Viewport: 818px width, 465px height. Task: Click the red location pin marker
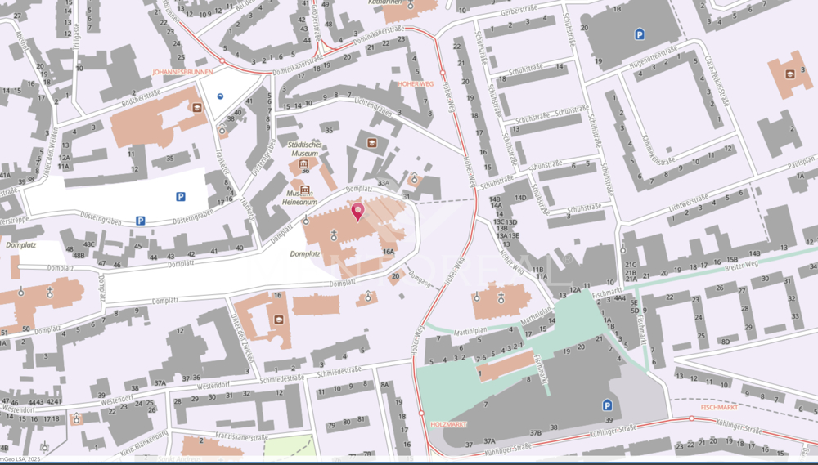(357, 212)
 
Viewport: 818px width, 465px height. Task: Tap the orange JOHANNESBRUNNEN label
(183, 72)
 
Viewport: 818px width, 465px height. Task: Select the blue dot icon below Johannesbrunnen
(219, 96)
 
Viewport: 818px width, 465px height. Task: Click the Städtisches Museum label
(303, 148)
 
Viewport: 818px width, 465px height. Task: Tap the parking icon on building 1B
(639, 34)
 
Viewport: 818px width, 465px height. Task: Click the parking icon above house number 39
(606, 405)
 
